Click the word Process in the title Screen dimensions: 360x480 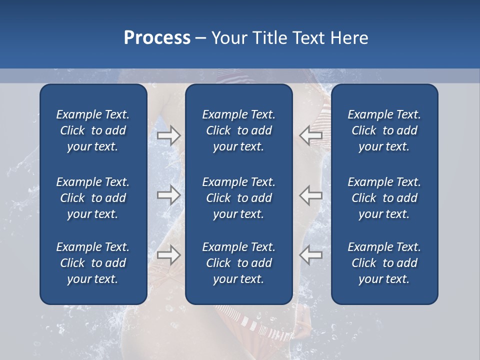point(157,38)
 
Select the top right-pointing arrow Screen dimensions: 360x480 point(168,135)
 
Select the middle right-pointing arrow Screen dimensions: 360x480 point(168,195)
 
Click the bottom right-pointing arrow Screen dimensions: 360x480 point(168,255)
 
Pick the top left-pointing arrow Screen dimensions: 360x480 point(311,135)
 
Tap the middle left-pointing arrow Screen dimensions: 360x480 point(311,195)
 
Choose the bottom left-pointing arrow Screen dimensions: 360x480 point(311,255)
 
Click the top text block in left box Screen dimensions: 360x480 point(93,130)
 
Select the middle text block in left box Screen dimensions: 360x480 point(93,198)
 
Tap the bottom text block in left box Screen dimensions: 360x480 point(93,263)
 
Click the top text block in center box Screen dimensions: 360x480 point(238,130)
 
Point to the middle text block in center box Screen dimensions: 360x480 point(238,198)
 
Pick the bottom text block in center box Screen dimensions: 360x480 point(238,263)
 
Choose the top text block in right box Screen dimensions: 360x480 point(384,130)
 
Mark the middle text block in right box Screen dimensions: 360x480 point(384,198)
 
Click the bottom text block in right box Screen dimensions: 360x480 point(384,263)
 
